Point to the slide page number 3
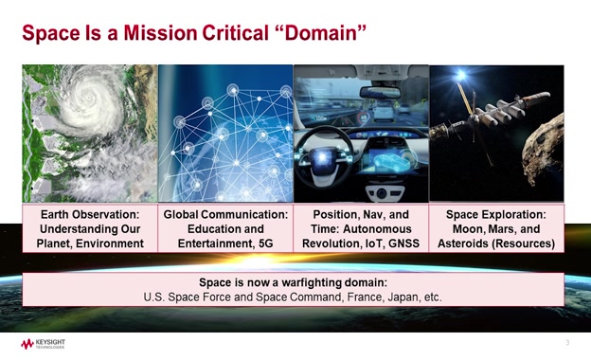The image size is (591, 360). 566,341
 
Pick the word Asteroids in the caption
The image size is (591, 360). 462,244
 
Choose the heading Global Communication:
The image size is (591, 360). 225,215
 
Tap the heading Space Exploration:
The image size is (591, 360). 496,215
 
